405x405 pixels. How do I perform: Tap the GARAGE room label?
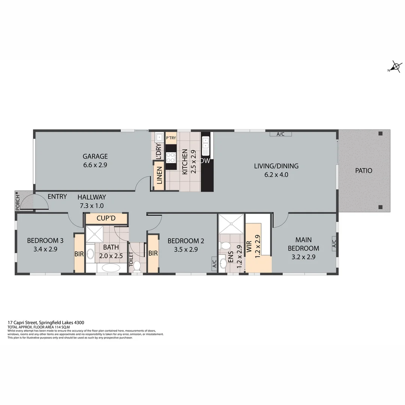(x=95, y=156)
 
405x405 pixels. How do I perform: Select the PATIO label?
(x=364, y=171)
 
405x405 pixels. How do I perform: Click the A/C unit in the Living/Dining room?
(x=280, y=134)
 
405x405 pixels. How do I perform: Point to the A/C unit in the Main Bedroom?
(x=334, y=243)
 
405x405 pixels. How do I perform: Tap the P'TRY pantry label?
(x=171, y=138)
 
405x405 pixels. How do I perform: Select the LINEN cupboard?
(x=159, y=175)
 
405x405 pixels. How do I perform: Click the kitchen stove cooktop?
(x=171, y=157)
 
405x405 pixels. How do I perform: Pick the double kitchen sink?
(x=206, y=146)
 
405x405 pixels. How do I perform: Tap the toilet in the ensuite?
(x=225, y=246)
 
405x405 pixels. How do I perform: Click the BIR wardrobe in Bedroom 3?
(x=79, y=253)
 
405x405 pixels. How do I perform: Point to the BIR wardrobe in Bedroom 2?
(x=153, y=253)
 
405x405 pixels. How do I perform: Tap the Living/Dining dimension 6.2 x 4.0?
(x=276, y=174)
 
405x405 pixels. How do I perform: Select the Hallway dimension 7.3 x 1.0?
(x=91, y=205)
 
